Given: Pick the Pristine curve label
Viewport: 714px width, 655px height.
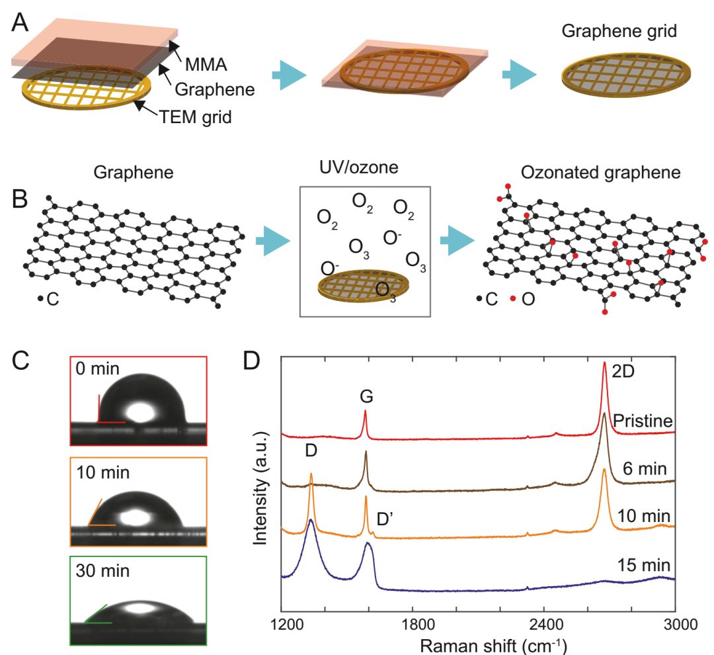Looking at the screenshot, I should click(x=643, y=421).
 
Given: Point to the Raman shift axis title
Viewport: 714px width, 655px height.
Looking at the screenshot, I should click(x=493, y=644).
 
